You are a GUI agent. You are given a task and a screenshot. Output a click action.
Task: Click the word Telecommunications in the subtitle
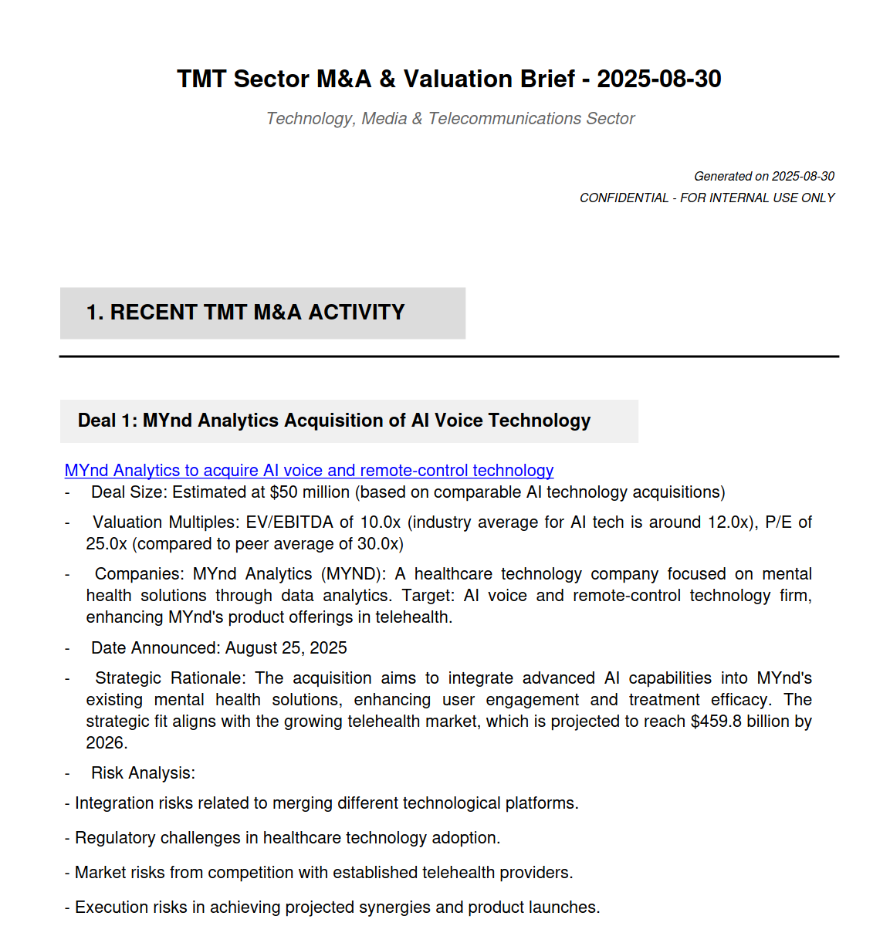click(x=504, y=119)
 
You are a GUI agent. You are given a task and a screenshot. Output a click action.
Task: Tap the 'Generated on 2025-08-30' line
click(x=763, y=176)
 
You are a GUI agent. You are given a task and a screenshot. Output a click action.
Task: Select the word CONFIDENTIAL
click(x=624, y=198)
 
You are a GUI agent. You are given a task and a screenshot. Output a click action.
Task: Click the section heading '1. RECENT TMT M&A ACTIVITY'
click(x=245, y=313)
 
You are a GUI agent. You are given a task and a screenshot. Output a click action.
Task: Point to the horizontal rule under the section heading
click(x=448, y=357)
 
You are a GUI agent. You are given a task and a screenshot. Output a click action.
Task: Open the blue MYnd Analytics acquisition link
click(x=309, y=471)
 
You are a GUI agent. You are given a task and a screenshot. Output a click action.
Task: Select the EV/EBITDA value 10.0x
click(x=377, y=522)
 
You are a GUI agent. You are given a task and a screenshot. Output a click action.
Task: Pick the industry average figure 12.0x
click(x=729, y=522)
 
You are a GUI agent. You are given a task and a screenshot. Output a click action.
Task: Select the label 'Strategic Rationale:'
click(x=171, y=678)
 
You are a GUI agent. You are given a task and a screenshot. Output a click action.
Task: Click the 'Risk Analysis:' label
click(x=143, y=773)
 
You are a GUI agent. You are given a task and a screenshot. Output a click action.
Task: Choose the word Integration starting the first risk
click(x=114, y=803)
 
